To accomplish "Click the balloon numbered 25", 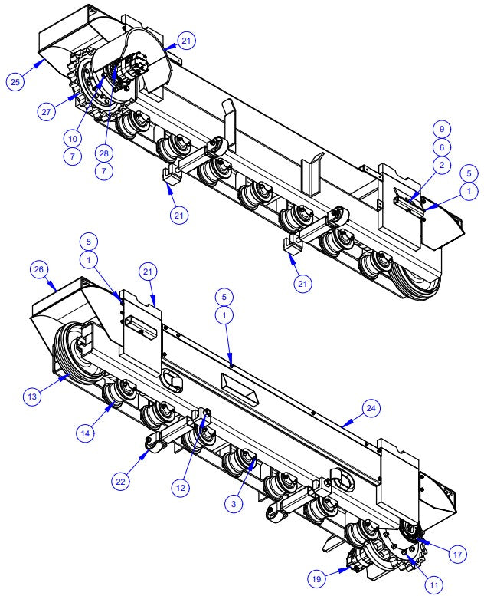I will point(15,81).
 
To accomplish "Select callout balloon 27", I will point(48,111).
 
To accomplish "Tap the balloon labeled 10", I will point(72,138).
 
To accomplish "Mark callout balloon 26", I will point(39,269).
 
